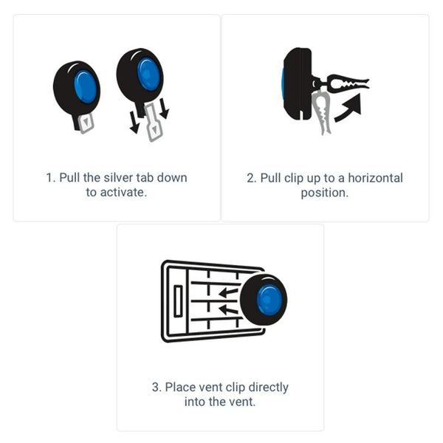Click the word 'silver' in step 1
click(118, 178)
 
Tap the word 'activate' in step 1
click(122, 193)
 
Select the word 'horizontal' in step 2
click(376, 178)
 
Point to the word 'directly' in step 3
click(269, 388)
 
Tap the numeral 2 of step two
click(250, 178)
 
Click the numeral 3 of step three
click(155, 388)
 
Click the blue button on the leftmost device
click(85, 86)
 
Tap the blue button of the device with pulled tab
click(148, 74)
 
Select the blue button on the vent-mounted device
click(269, 300)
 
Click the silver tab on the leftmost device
click(86, 123)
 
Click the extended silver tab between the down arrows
click(154, 123)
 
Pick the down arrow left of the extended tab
click(134, 123)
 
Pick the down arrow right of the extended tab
click(164, 109)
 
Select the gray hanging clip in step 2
click(321, 112)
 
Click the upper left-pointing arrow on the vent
click(228, 292)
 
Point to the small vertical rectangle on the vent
click(178, 301)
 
